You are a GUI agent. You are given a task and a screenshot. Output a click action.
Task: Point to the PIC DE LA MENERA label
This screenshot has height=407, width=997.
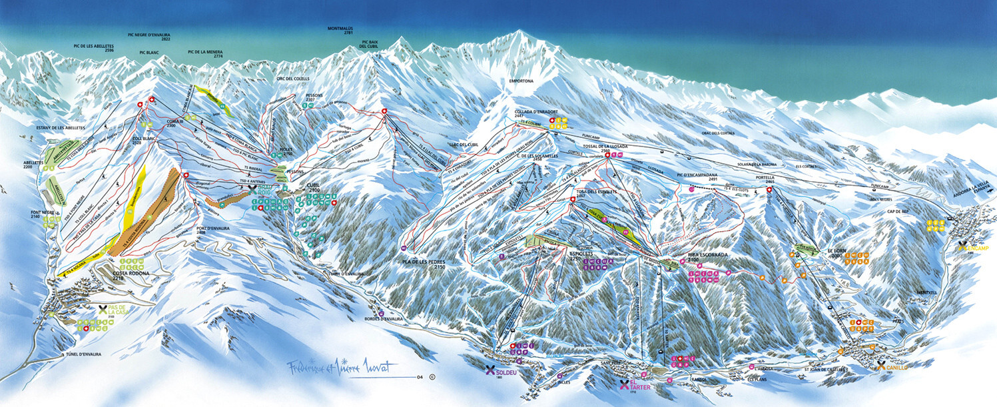208,53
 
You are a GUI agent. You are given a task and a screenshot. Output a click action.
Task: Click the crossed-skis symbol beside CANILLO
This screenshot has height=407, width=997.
882,365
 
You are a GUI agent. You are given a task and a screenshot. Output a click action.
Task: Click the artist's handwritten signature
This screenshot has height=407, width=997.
341,367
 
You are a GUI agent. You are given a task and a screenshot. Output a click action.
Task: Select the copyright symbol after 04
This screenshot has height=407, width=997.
432,377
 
